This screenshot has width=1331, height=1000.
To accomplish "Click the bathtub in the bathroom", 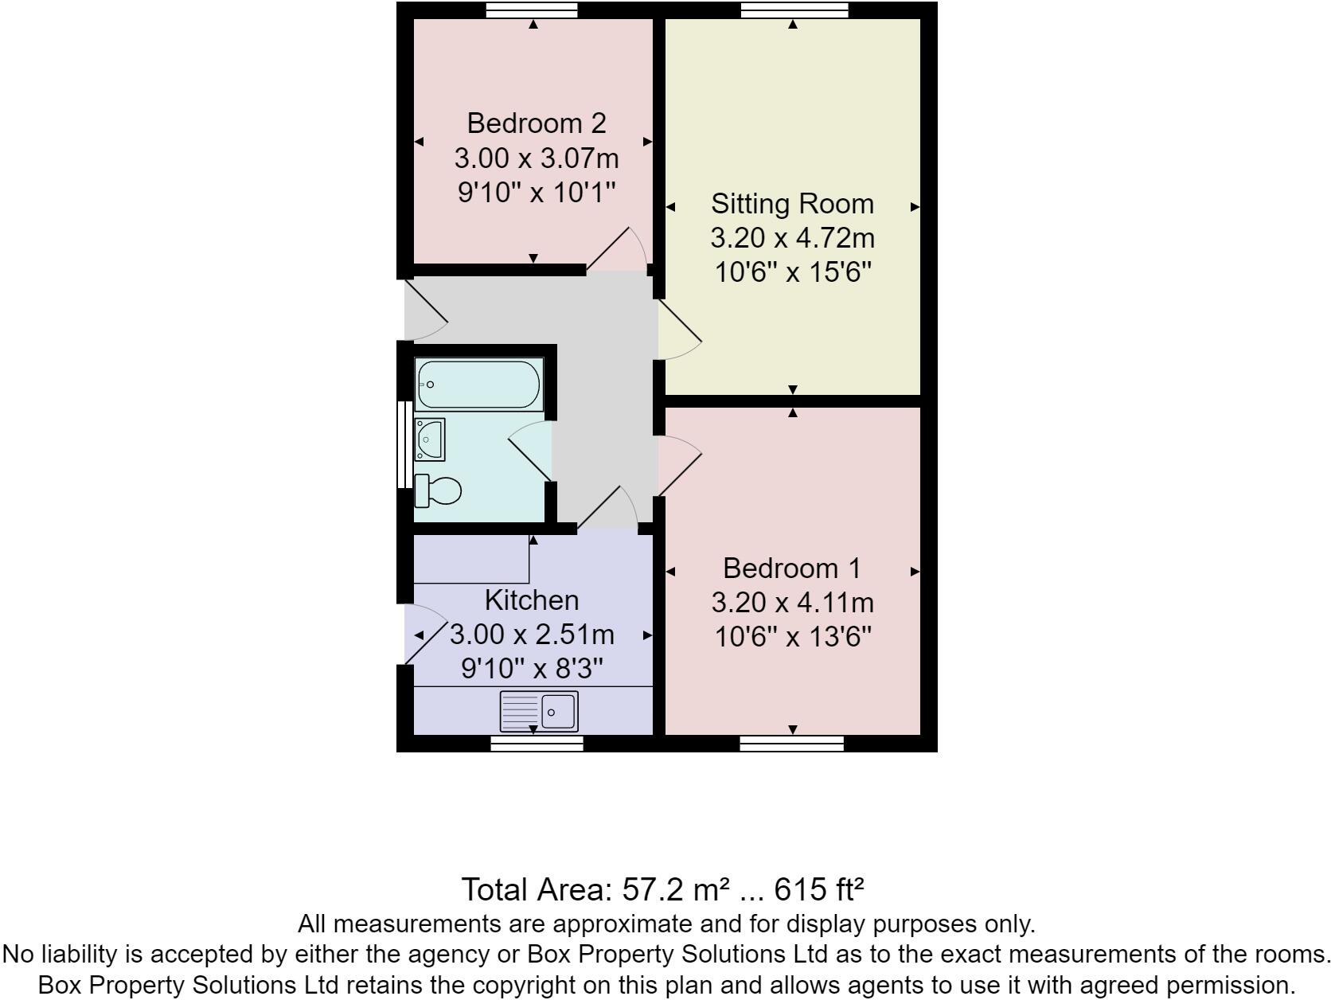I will tap(479, 385).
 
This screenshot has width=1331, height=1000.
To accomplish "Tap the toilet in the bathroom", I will tap(438, 490).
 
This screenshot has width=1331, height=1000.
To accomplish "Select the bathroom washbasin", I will tap(430, 439).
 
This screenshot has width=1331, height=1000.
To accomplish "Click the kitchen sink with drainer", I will tap(539, 710).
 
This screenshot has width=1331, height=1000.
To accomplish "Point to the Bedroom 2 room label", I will tap(536, 123).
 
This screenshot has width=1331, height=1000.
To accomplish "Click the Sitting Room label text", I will tap(792, 204).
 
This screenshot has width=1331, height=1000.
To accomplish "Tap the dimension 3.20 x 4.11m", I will tap(792, 603).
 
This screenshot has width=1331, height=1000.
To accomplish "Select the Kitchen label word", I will tap(532, 600).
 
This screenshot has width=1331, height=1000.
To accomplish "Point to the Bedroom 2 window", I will tap(532, 10).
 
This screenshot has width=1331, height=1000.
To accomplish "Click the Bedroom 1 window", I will tap(791, 744).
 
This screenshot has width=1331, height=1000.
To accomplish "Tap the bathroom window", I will tap(404, 443).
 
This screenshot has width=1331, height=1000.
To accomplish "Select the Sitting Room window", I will tap(794, 10).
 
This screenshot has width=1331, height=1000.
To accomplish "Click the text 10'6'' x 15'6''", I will tap(792, 273).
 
